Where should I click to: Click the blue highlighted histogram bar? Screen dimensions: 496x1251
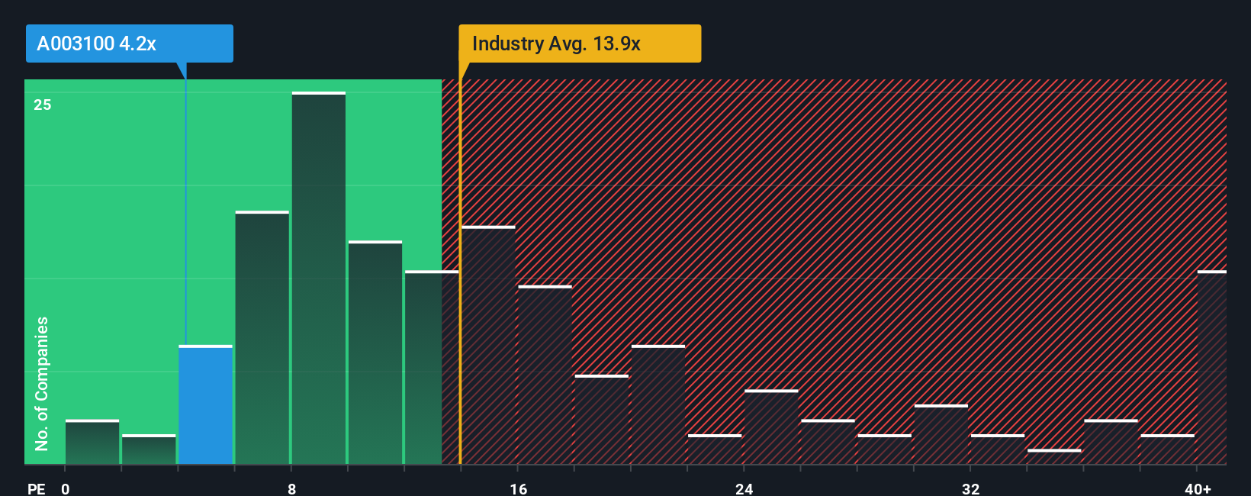click(205, 405)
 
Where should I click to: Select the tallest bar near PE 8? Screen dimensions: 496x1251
click(318, 279)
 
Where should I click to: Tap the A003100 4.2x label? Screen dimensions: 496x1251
click(129, 43)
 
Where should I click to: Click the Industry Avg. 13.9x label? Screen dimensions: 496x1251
click(579, 43)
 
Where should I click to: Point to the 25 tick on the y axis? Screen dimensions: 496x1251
click(43, 105)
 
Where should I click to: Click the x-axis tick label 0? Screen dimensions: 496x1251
click(66, 488)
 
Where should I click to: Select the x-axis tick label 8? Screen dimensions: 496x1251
click(291, 488)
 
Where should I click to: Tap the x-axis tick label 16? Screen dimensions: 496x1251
click(518, 488)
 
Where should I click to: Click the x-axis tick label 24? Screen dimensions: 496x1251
click(744, 488)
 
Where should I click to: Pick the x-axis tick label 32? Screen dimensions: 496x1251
click(970, 488)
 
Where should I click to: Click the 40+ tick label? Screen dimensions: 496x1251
click(1198, 488)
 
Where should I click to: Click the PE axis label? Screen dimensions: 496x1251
click(36, 488)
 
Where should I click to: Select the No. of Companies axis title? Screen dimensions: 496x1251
click(42, 383)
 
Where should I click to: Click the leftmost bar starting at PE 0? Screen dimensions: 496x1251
click(92, 443)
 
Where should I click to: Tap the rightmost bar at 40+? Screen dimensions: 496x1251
click(1211, 368)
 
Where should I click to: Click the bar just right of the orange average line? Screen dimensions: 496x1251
click(489, 346)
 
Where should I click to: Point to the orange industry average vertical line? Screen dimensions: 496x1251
click(460, 305)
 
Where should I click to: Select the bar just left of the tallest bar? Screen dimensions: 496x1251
click(262, 338)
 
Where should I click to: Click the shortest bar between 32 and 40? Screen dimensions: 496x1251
click(1053, 456)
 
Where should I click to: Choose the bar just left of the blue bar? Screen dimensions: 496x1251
click(149, 449)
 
